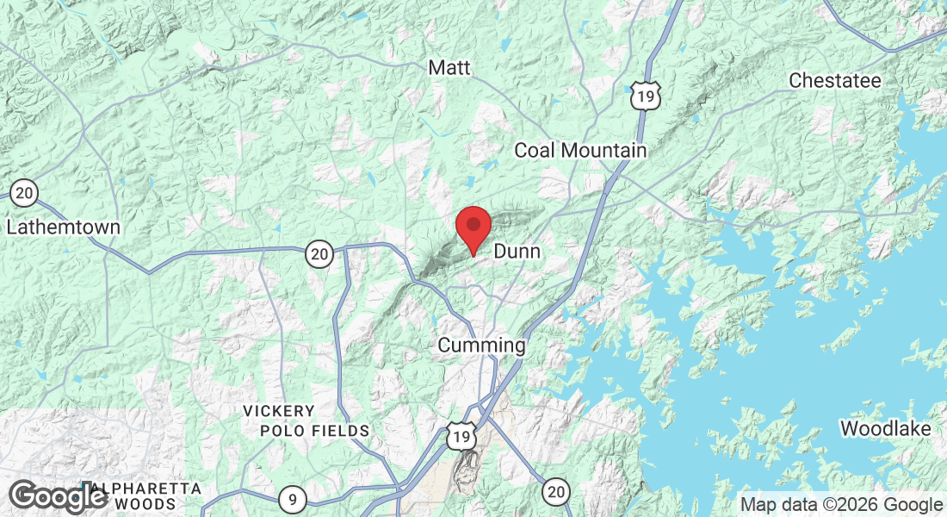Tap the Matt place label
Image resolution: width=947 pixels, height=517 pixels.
449,67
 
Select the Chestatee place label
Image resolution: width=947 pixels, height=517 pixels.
835,81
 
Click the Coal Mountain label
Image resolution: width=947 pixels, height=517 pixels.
579,151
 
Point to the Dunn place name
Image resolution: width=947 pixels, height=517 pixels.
517,252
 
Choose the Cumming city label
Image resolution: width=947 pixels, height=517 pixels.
481,346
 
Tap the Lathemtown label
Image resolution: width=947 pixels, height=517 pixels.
63,228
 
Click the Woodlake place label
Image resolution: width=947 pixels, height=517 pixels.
885,428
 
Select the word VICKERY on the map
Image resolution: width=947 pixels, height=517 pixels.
278,411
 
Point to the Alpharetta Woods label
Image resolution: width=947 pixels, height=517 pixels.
138,496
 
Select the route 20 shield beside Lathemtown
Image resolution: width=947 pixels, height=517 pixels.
24,193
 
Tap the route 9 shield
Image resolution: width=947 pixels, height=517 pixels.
293,497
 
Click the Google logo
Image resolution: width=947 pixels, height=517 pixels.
58,498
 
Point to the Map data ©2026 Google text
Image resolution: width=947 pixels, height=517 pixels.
841,505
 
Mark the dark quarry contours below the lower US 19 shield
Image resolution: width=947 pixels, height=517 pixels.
467,473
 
